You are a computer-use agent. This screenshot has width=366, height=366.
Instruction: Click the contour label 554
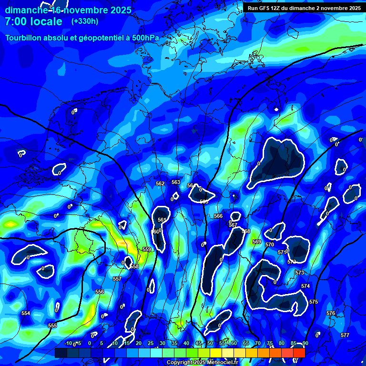[x=26, y=313]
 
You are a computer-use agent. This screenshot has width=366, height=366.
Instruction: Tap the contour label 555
[x=52, y=325]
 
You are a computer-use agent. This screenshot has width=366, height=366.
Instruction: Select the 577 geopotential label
[x=345, y=335]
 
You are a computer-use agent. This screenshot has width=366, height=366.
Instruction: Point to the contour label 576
[x=331, y=313]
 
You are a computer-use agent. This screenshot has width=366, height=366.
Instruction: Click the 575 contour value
[x=313, y=302]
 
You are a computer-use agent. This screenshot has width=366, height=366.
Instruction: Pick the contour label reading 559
[x=147, y=249]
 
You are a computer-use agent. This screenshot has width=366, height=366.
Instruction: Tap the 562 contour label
[x=160, y=183]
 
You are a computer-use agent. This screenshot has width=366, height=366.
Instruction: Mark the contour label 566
[x=218, y=216]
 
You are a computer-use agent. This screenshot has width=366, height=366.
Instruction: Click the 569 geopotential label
[x=257, y=242]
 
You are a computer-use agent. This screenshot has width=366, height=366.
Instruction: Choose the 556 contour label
[x=100, y=292]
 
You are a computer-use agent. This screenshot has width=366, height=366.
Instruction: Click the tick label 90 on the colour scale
[x=305, y=343]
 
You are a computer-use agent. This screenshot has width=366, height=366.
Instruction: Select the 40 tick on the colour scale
[x=186, y=343]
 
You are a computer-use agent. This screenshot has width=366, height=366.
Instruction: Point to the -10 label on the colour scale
[x=68, y=343]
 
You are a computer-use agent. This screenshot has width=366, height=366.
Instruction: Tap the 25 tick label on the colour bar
[x=150, y=343]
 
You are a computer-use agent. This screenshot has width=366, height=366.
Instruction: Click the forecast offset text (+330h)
[x=85, y=21]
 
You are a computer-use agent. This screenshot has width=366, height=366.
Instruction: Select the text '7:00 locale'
[x=33, y=21]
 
